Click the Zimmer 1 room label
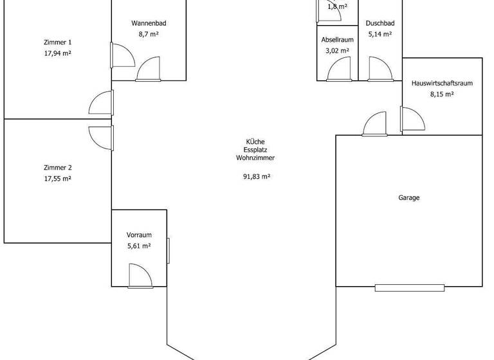[57, 42]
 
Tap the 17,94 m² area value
[57, 53]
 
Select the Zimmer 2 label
[57, 167]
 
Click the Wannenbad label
[149, 23]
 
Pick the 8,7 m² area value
[149, 34]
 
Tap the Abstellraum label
[337, 39]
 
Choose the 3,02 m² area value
[337, 50]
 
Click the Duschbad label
[379, 23]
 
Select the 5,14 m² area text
[379, 34]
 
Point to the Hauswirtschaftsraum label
[442, 83]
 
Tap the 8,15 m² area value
[442, 94]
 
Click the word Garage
[408, 198]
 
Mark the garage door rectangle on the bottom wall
[409, 287]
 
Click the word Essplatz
[255, 150]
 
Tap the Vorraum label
[139, 235]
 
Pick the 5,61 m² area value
[139, 246]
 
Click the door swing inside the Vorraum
[140, 276]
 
